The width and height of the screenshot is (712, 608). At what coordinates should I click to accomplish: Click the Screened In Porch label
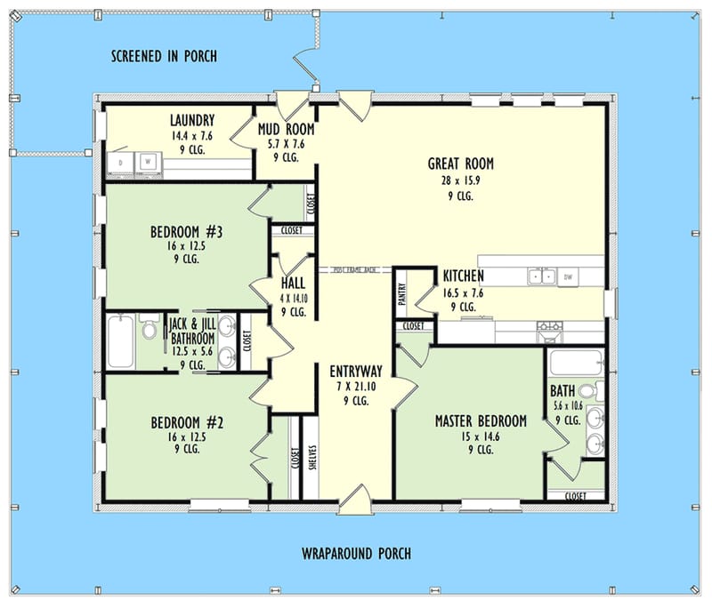(x=164, y=57)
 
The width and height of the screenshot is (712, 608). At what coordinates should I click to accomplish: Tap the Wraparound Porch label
(x=356, y=554)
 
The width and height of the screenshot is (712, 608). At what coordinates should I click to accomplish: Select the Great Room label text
(x=460, y=164)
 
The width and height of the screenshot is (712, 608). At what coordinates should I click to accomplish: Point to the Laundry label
(x=191, y=120)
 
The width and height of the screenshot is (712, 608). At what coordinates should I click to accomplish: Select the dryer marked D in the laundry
(x=122, y=162)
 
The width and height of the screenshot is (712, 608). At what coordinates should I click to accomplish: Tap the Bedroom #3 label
(x=186, y=233)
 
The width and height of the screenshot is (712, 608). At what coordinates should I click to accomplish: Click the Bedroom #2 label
(x=186, y=422)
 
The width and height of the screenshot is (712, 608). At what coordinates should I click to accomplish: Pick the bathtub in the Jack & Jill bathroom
(x=119, y=341)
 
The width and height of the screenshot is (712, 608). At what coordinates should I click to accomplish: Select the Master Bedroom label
(x=481, y=420)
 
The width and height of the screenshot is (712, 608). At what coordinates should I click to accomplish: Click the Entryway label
(x=356, y=372)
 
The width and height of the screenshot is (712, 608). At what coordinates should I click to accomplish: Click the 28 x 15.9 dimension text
(x=460, y=180)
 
